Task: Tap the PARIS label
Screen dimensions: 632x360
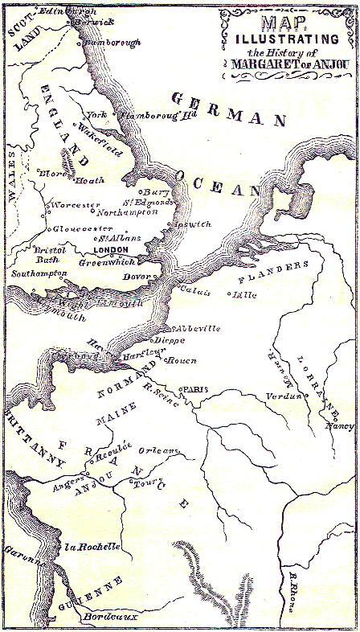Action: [x=196, y=389]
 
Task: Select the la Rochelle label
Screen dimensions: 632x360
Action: [x=92, y=546]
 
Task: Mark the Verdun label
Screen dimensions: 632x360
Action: [x=285, y=394]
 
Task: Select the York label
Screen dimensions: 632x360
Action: [x=96, y=115]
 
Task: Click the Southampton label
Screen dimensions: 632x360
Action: [x=39, y=274]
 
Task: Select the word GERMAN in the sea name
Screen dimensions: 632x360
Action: [x=227, y=109]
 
